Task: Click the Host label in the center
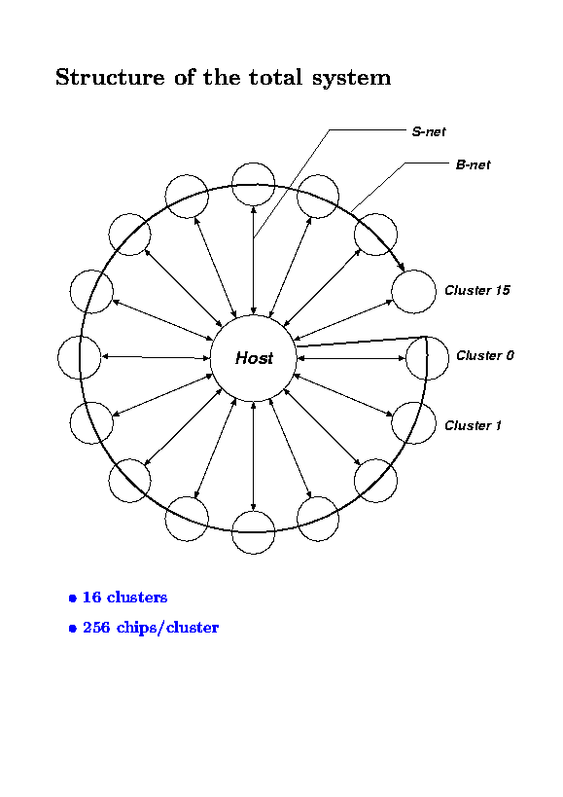click(254, 358)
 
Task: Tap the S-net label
click(429, 131)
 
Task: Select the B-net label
click(474, 164)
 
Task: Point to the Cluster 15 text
click(477, 290)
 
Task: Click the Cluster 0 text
click(485, 355)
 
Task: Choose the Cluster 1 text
click(474, 425)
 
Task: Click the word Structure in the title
click(110, 77)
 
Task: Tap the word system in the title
click(351, 79)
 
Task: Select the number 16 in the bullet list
click(91, 597)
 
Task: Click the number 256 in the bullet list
click(96, 628)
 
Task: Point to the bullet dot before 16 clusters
click(73, 598)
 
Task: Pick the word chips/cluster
click(167, 629)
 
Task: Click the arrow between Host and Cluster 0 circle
click(351, 358)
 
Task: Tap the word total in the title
click(275, 77)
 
